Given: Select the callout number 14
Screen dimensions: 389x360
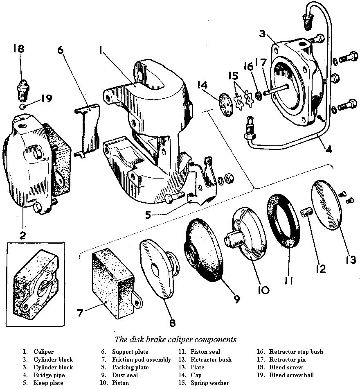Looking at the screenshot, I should click(202, 85).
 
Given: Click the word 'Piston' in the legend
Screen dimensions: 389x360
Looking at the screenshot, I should click(120, 383).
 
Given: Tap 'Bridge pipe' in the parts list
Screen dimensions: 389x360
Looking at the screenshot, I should click(49, 375).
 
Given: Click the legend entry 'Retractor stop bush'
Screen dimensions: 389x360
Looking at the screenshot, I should click(296, 352).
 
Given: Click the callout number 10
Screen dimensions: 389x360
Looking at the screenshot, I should click(263, 290).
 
